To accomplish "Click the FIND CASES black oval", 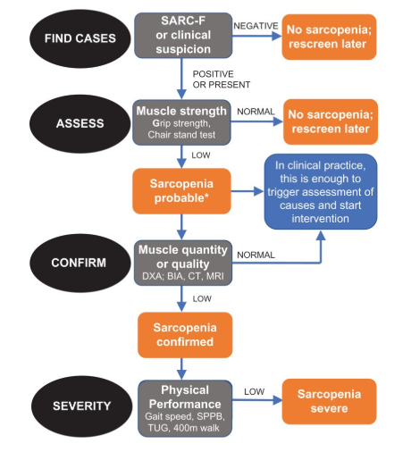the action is click(80, 38).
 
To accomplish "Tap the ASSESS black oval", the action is click(80, 123).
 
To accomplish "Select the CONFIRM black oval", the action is click(80, 263).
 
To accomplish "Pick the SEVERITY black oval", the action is click(81, 406).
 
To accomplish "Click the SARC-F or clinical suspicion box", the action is click(183, 35).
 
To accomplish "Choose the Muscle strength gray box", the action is click(181, 122).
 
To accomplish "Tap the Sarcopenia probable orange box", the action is click(181, 191).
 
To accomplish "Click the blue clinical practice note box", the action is click(321, 192).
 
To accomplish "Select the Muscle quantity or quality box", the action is click(183, 263).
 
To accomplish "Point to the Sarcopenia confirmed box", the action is click(185, 335).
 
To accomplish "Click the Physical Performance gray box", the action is click(185, 408).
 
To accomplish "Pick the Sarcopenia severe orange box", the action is click(329, 401).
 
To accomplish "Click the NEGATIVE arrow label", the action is click(256, 26).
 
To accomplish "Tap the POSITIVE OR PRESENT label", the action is click(222, 80).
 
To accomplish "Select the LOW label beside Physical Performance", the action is click(254, 391).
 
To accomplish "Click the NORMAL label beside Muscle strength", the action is click(256, 112).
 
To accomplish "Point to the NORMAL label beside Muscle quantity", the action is click(256, 255).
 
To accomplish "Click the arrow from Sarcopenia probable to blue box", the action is click(247, 191).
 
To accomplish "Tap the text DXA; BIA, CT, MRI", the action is click(183, 276).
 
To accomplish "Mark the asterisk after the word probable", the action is click(206, 196).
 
